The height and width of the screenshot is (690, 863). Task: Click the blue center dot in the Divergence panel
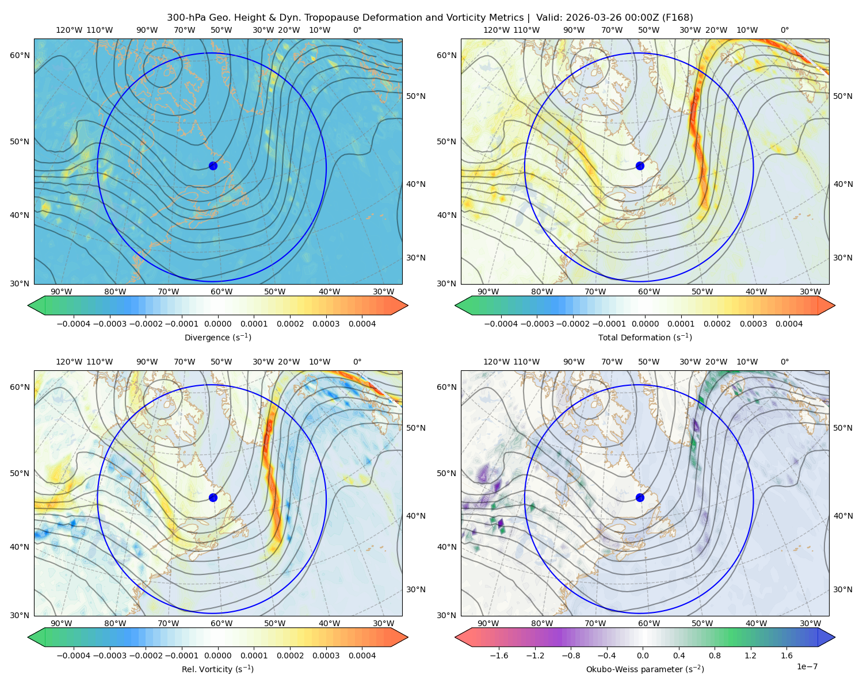tap(213, 166)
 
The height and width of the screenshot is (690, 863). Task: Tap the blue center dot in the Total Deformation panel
tap(640, 166)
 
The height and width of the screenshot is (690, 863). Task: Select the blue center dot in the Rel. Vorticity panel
tap(213, 497)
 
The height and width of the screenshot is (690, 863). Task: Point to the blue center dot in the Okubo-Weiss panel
tap(640, 497)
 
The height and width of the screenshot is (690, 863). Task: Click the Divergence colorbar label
tap(217, 338)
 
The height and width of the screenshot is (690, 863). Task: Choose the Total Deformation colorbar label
tap(645, 338)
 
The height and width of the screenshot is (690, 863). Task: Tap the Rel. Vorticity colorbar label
tap(217, 669)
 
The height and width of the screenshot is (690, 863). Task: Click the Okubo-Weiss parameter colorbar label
tap(645, 669)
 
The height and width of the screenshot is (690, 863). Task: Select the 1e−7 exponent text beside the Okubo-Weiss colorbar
tap(807, 666)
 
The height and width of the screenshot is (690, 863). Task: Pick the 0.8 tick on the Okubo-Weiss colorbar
tap(715, 655)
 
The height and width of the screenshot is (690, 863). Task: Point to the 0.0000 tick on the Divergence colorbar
tap(217, 324)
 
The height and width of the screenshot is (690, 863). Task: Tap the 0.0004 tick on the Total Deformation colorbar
tap(789, 324)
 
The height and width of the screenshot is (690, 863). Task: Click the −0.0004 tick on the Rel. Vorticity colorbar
tap(74, 655)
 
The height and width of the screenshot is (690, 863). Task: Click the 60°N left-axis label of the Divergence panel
tap(20, 55)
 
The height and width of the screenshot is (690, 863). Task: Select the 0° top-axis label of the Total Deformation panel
tap(784, 30)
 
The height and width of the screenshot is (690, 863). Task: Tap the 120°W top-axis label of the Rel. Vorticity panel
tap(69, 362)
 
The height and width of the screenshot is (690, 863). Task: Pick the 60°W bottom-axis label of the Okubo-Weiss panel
tap(648, 623)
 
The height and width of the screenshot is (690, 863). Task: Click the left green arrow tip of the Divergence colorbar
tap(28, 306)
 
